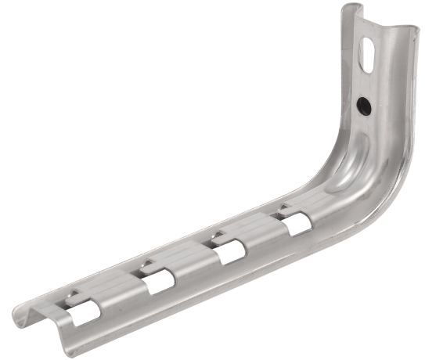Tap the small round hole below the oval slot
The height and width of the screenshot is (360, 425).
click(x=363, y=103)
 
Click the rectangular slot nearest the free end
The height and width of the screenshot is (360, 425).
click(x=82, y=309)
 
